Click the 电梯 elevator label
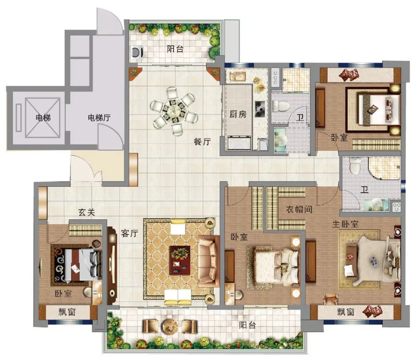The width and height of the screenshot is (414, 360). (x=43, y=117)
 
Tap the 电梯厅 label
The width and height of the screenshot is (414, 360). (x=99, y=118)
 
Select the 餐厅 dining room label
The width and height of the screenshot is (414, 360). (x=202, y=142)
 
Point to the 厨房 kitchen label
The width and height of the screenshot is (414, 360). (x=238, y=114)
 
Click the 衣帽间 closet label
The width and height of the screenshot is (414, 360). (x=299, y=210)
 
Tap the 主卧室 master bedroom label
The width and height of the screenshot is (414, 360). (x=345, y=224)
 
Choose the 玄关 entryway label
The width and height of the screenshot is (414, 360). (x=86, y=212)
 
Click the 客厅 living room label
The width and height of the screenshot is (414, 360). (x=130, y=233)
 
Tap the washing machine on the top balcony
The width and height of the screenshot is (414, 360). (x=137, y=52)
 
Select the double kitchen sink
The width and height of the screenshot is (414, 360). (x=238, y=76)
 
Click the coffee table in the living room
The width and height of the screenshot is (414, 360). (x=180, y=260)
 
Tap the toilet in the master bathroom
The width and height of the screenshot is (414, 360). (x=354, y=165)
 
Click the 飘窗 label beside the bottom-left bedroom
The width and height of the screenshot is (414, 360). (x=67, y=312)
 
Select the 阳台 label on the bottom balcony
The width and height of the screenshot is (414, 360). (x=247, y=325)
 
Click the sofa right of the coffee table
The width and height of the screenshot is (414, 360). (x=208, y=261)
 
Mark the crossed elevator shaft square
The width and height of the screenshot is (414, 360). (x=43, y=118)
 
